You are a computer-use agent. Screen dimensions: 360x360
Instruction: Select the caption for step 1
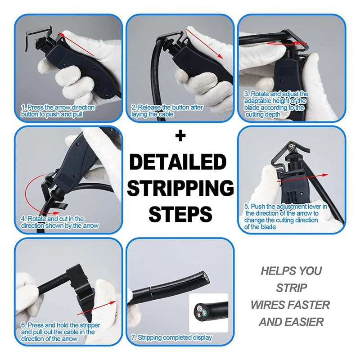[x=58, y=111]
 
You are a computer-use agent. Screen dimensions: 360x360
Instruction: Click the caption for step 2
[x=167, y=111]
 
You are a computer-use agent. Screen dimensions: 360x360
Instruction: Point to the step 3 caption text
[x=276, y=104]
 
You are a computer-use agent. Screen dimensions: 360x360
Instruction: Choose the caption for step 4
[x=59, y=222]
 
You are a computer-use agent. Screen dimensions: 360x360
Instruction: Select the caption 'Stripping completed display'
[x=171, y=337]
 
